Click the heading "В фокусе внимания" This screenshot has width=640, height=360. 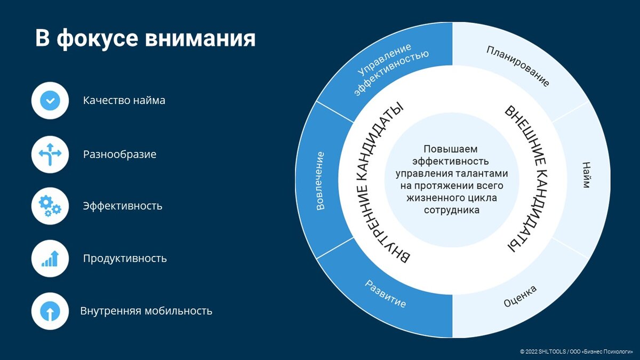[x=145, y=39]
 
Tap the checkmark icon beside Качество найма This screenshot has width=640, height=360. [x=50, y=100]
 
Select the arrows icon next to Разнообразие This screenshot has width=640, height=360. [x=50, y=154]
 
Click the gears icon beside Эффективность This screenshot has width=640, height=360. [x=50, y=206]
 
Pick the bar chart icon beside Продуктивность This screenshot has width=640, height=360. [x=50, y=258]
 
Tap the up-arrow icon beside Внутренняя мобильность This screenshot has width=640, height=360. [x=50, y=311]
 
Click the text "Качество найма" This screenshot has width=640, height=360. [x=124, y=100]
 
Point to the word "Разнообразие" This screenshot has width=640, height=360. [x=119, y=155]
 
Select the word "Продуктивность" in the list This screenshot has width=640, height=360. [x=125, y=259]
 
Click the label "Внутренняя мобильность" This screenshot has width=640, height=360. [x=146, y=311]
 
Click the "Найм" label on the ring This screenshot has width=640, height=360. [x=586, y=175]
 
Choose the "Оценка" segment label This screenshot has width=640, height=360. [x=520, y=297]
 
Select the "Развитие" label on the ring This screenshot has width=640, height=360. [x=385, y=293]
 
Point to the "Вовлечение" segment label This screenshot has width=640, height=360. [x=320, y=181]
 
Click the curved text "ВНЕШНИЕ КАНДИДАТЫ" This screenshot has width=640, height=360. [x=525, y=179]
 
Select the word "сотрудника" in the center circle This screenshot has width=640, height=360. [x=451, y=210]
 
